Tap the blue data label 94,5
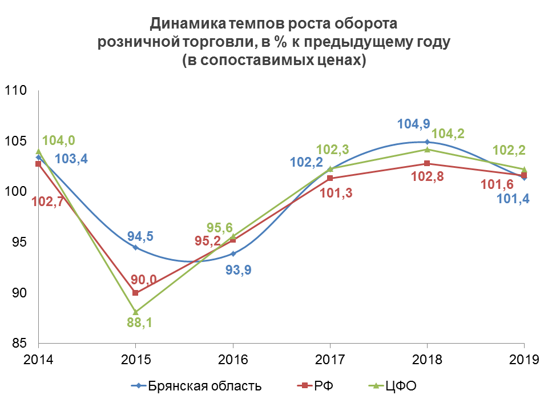click(140, 236)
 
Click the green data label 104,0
click(59, 140)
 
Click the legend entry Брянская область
click(204, 386)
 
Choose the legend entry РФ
click(323, 386)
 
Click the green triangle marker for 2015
click(135, 312)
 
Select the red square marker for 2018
click(427, 164)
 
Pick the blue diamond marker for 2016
click(233, 253)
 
